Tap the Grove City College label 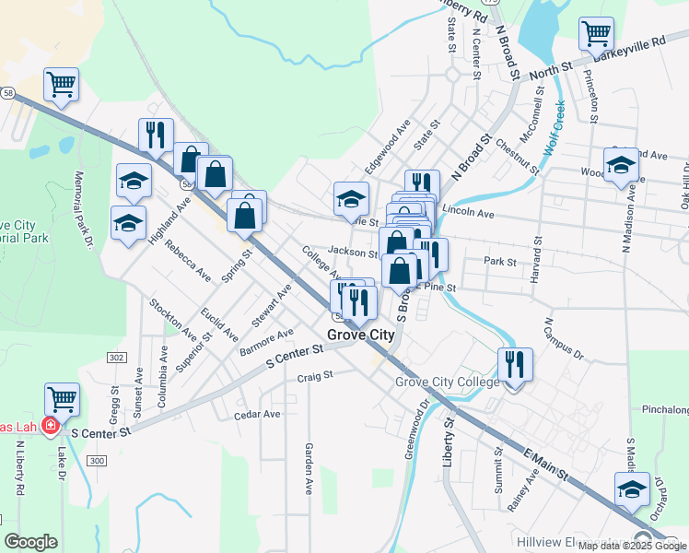tap(448, 382)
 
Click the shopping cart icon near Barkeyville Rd tap(596, 34)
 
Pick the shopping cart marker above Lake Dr tap(62, 400)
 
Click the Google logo tap(30, 542)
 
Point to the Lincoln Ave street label tap(469, 213)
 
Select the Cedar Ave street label tap(257, 415)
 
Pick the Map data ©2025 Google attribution tap(633, 546)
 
